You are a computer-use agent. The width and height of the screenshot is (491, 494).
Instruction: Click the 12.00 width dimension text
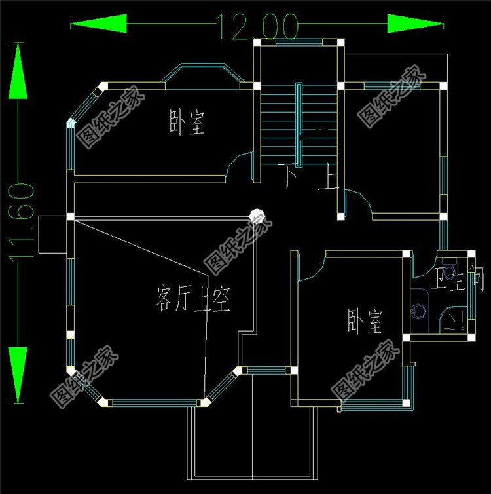257,27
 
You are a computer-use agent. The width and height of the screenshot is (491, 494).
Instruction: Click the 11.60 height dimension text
21,223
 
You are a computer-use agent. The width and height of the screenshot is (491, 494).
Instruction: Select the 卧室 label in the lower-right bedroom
365,322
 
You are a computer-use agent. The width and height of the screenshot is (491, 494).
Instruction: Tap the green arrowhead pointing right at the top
416,25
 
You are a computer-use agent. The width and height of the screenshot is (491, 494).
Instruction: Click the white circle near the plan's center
256,214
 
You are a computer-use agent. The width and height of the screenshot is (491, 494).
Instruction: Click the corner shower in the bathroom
453,320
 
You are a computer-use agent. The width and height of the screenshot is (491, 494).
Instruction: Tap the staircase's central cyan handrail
299,124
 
